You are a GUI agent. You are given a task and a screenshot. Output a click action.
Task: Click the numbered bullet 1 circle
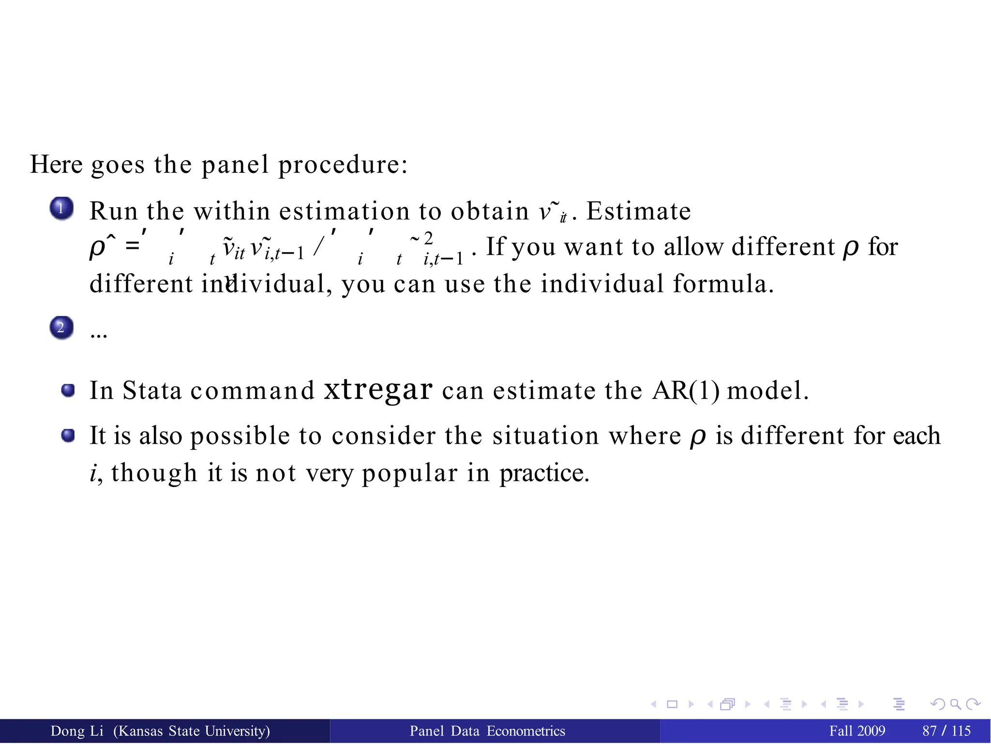(x=61, y=209)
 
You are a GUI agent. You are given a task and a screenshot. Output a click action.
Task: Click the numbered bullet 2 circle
(x=61, y=328)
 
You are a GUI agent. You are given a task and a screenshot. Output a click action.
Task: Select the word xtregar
(x=377, y=390)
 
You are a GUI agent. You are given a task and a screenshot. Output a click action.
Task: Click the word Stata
(x=151, y=390)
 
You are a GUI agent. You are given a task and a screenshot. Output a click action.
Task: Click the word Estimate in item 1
(x=638, y=211)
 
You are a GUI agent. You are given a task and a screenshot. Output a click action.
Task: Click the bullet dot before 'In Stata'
(x=68, y=390)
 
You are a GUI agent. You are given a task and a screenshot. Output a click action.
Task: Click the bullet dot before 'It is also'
(x=68, y=436)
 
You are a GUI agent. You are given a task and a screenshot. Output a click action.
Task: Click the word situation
(x=546, y=436)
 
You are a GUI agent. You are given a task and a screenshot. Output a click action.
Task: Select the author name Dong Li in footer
(x=77, y=731)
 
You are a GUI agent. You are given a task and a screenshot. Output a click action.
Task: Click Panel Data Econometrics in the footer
(x=487, y=731)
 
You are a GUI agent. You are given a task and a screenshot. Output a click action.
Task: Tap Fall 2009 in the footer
(x=857, y=731)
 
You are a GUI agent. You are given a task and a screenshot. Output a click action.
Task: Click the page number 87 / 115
(x=946, y=731)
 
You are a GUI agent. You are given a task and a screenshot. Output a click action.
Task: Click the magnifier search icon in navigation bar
(x=955, y=704)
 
